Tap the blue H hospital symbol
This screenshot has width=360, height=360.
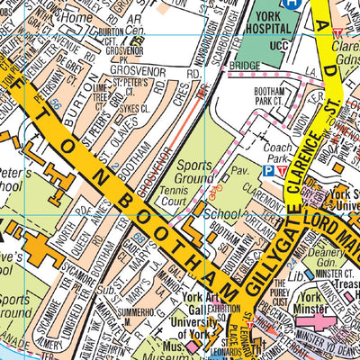pos(291,4)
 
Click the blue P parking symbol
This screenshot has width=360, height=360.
pos(267,169)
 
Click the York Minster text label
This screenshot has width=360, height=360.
pos(311,306)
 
